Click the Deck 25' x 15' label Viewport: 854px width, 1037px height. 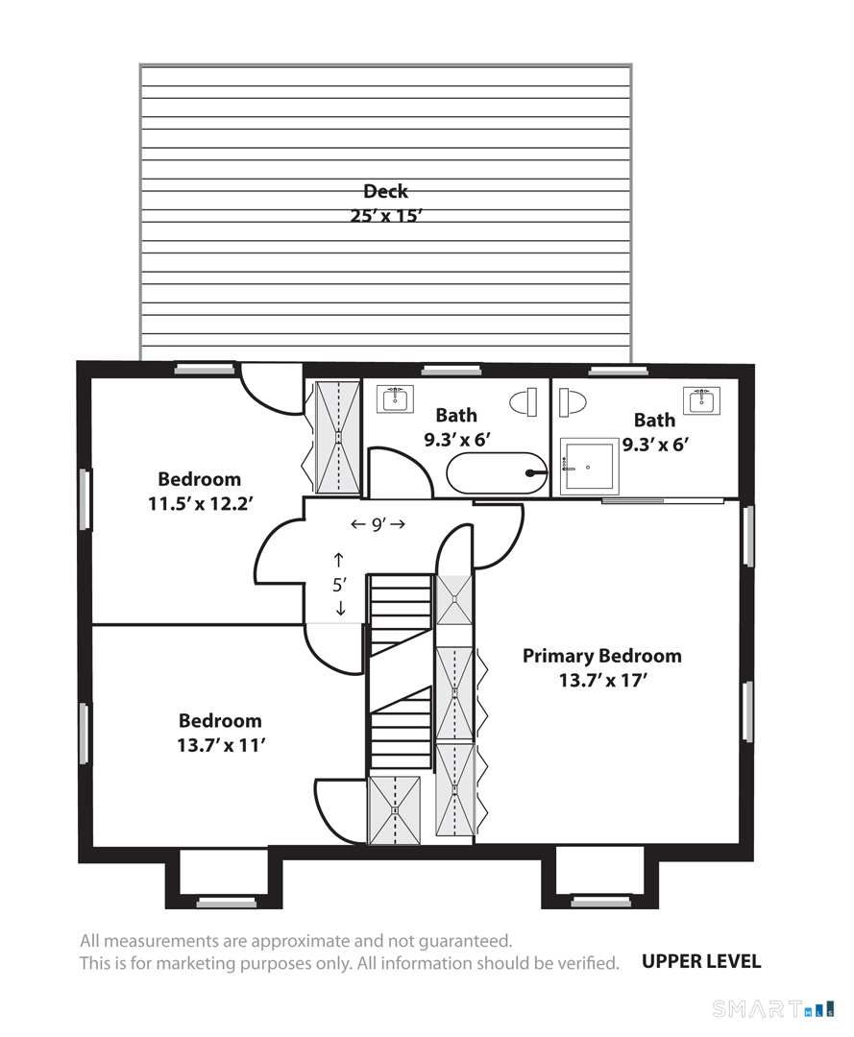[x=385, y=203]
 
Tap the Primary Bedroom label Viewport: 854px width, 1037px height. [x=601, y=656]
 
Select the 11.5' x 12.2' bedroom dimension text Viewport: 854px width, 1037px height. [x=200, y=504]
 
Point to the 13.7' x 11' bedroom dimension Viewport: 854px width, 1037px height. [x=221, y=745]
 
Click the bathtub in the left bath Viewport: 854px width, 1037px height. [x=497, y=472]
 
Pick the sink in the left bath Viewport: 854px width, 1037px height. [x=396, y=398]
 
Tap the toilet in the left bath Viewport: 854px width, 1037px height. [x=523, y=402]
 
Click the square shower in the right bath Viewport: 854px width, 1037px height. [x=590, y=467]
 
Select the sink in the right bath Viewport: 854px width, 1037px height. [x=701, y=400]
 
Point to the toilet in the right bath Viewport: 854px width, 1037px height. [x=573, y=402]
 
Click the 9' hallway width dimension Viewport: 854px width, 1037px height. [x=378, y=524]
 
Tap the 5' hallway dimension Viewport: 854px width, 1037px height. [x=339, y=585]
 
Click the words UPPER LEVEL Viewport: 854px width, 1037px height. [x=701, y=961]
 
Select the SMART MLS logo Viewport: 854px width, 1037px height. [x=772, y=1009]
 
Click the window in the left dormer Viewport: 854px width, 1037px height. [x=227, y=903]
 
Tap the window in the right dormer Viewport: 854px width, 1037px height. [x=600, y=902]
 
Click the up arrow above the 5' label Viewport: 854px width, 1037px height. [x=339, y=560]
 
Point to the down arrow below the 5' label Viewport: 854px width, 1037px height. [x=340, y=609]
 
